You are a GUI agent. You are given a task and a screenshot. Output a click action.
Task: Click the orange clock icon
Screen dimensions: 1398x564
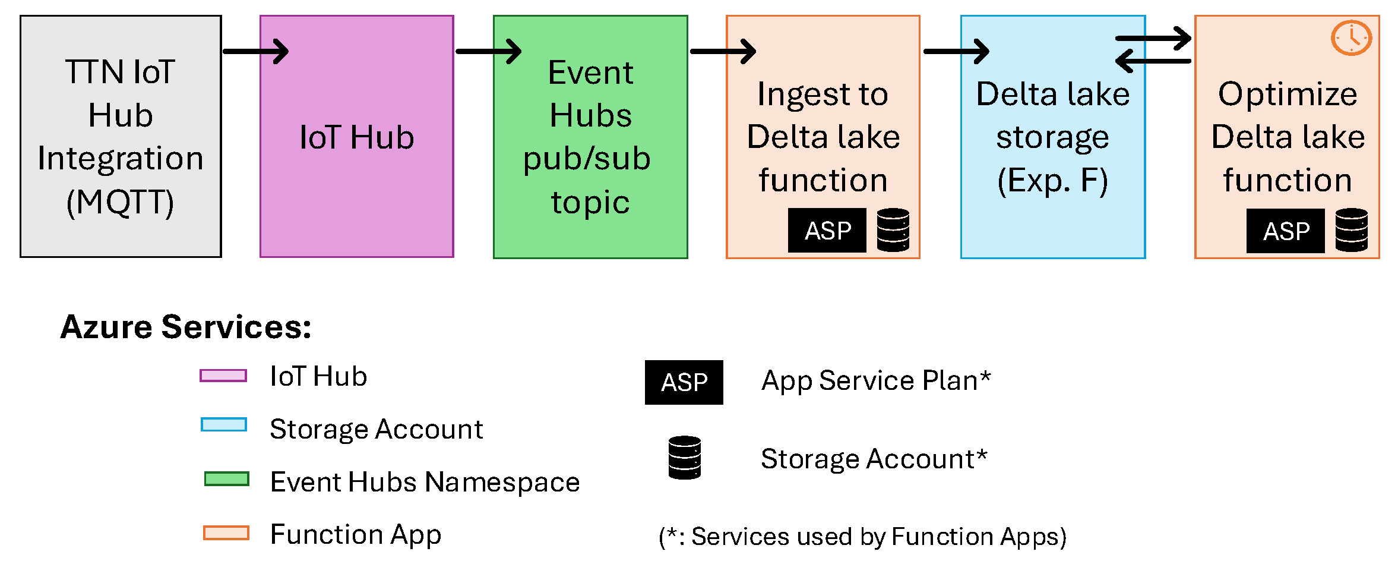click(x=1351, y=38)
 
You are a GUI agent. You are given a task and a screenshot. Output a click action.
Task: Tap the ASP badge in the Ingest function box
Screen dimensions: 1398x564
click(x=827, y=230)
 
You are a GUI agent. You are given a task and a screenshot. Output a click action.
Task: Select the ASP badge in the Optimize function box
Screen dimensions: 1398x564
click(x=1286, y=231)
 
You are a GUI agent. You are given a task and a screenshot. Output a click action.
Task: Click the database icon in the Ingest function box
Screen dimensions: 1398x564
click(x=893, y=230)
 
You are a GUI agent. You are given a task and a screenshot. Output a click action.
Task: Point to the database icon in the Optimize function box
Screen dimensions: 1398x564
click(x=1352, y=230)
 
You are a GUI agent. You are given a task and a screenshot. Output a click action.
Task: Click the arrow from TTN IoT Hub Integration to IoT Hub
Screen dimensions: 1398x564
click(x=256, y=51)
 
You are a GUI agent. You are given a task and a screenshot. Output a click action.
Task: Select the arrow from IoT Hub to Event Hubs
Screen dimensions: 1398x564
click(x=489, y=51)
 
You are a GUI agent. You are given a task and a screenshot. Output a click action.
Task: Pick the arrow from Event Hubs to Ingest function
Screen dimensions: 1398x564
click(x=723, y=51)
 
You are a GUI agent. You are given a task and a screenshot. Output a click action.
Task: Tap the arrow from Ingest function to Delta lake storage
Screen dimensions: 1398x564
click(x=957, y=51)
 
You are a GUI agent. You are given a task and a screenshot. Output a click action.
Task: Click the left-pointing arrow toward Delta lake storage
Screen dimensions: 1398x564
click(x=1153, y=61)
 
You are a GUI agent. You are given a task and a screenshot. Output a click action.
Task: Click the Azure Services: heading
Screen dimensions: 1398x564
click(x=186, y=327)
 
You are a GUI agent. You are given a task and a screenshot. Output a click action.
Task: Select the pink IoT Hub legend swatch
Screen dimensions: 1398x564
click(x=223, y=376)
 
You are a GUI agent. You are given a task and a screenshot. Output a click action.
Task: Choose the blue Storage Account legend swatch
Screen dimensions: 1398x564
click(x=224, y=424)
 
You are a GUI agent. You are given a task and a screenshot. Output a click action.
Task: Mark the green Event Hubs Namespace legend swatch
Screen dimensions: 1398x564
click(x=226, y=479)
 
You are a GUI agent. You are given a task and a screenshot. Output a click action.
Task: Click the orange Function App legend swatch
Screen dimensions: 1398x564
click(x=226, y=533)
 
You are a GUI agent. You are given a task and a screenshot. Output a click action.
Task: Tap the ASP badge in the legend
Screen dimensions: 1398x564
click(x=684, y=382)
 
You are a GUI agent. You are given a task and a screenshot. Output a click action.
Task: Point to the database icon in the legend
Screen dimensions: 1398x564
click(x=685, y=458)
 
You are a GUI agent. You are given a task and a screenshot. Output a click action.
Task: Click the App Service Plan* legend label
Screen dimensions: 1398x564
click(x=876, y=381)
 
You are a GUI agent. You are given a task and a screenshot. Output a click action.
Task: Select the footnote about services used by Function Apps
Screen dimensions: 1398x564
click(x=862, y=537)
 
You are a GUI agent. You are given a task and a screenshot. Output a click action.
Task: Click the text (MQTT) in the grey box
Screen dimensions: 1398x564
click(x=121, y=202)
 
